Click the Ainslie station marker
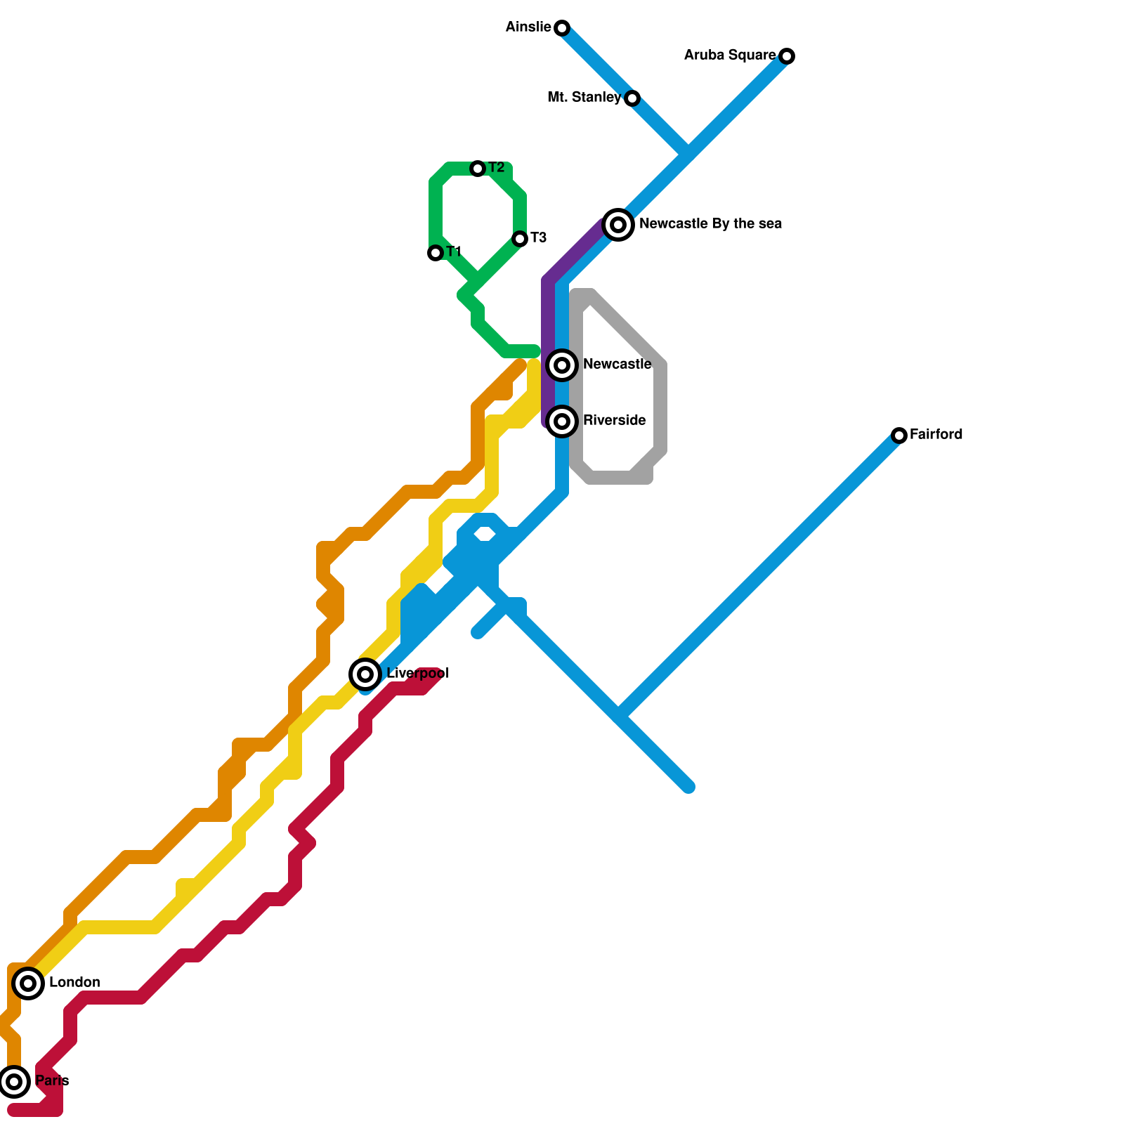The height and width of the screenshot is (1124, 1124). [562, 28]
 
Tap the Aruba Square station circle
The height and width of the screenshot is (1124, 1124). [788, 56]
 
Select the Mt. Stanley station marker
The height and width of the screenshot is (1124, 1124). [632, 98]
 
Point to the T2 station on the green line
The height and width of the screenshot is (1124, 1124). [478, 169]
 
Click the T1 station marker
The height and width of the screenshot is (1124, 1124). [436, 253]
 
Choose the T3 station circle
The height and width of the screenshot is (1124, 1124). [520, 239]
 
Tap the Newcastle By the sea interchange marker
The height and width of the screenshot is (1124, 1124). [618, 225]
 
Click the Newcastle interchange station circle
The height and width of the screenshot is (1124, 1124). [562, 365]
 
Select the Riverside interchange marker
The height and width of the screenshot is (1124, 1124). [562, 421]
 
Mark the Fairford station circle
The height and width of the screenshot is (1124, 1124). [899, 436]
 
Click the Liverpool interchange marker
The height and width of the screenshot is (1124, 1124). [365, 674]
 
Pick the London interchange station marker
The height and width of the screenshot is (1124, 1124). [28, 983]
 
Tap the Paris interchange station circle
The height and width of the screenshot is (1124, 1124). [14, 1082]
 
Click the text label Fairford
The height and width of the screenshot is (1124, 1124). [936, 435]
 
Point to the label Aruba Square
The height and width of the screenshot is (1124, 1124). [730, 55]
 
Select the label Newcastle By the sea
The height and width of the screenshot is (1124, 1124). [710, 224]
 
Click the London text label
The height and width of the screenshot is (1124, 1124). [74, 983]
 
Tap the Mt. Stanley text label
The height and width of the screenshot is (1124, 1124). [584, 98]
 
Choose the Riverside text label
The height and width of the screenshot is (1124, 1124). [614, 421]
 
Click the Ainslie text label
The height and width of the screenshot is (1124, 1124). [528, 27]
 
